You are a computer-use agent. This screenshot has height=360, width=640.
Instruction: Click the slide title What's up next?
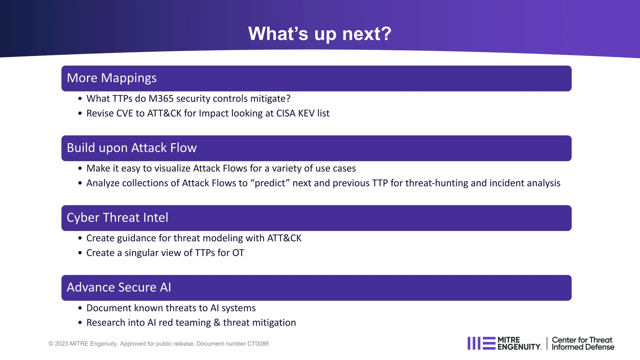(320, 33)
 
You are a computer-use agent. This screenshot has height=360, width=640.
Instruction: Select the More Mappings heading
(112, 78)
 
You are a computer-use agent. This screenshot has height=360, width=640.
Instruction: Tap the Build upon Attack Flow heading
(132, 148)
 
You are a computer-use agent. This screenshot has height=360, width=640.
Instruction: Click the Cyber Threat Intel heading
(117, 218)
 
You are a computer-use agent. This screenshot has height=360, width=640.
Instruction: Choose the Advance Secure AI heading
(119, 287)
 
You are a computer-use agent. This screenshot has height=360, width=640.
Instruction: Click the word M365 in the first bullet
(161, 99)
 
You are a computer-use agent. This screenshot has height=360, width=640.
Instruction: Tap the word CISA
(286, 113)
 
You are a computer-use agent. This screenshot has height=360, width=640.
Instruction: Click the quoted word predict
(270, 183)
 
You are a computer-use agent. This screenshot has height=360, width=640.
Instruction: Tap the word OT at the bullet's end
(238, 253)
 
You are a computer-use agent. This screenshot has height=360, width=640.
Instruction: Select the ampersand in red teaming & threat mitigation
(217, 323)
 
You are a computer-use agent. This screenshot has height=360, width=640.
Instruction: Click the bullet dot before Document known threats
(80, 308)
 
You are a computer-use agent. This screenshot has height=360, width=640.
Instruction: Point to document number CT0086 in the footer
(258, 344)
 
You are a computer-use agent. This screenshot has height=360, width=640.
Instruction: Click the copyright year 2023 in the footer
(61, 344)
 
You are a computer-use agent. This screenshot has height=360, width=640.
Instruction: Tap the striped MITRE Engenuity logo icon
(481, 343)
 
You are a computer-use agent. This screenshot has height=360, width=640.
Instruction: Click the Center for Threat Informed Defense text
(582, 343)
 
